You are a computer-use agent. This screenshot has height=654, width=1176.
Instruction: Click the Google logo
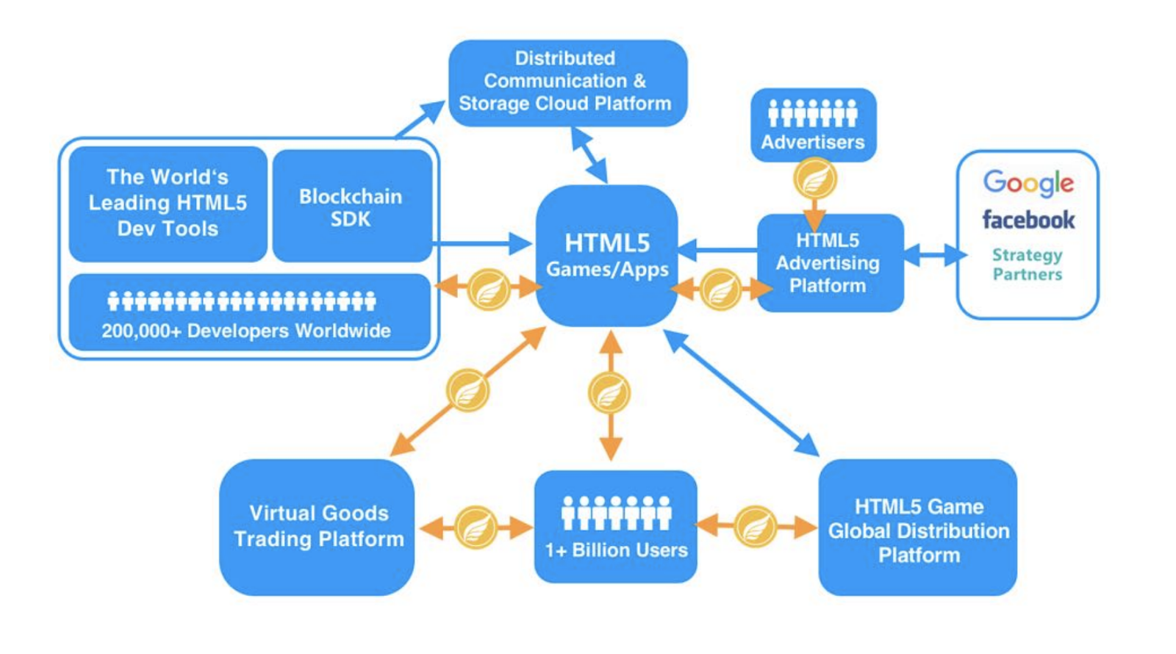pyautogui.click(x=1028, y=183)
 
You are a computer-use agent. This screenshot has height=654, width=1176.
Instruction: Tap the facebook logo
pyautogui.click(x=1028, y=220)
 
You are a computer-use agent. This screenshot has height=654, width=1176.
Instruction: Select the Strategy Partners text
pyautogui.click(x=1028, y=265)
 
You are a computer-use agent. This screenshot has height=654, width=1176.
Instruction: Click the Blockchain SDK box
pyautogui.click(x=352, y=206)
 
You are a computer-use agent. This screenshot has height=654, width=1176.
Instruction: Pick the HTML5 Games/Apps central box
pyautogui.click(x=607, y=255)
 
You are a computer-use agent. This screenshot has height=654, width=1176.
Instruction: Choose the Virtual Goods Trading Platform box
pyautogui.click(x=317, y=527)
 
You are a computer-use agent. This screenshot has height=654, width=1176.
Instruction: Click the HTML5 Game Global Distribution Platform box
pyautogui.click(x=918, y=527)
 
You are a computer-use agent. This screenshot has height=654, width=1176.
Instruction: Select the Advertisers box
pyautogui.click(x=813, y=125)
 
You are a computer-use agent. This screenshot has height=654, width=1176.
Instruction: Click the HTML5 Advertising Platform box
pyautogui.click(x=831, y=262)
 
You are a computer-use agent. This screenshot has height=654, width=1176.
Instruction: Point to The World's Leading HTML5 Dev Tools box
pyautogui.click(x=168, y=204)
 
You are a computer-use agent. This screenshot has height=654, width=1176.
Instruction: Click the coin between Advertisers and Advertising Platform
pyautogui.click(x=815, y=179)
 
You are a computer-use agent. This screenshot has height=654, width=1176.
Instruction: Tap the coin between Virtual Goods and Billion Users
pyautogui.click(x=476, y=527)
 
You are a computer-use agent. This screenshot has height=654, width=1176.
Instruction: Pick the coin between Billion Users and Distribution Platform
pyautogui.click(x=756, y=526)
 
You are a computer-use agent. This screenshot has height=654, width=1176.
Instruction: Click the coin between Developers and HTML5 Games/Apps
pyautogui.click(x=489, y=290)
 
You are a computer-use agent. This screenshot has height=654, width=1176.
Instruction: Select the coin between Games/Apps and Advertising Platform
pyautogui.click(x=721, y=290)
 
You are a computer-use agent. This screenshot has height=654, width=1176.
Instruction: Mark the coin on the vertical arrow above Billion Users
pyautogui.click(x=609, y=393)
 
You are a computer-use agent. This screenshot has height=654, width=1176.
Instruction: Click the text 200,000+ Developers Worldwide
pyautogui.click(x=246, y=331)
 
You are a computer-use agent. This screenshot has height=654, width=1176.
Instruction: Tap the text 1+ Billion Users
pyautogui.click(x=617, y=550)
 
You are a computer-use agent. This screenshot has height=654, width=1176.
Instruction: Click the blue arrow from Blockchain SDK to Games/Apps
pyautogui.click(x=481, y=243)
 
